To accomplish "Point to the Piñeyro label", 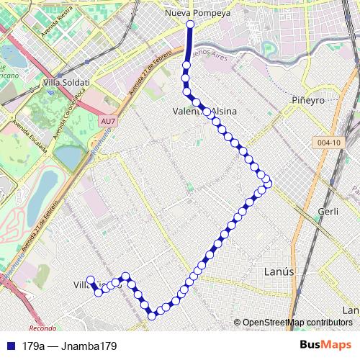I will click(x=310, y=99).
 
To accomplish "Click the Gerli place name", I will click(x=328, y=212).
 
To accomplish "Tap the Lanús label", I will click(x=279, y=272).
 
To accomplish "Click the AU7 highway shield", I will click(x=108, y=121).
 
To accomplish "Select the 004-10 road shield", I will click(x=327, y=143).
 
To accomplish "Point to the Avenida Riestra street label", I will click(x=58, y=26).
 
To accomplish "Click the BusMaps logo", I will click(x=325, y=345).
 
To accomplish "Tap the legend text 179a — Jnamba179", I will click(x=69, y=346).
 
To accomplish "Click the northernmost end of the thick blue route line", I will click(x=189, y=24).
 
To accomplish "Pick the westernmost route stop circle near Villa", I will click(x=91, y=280).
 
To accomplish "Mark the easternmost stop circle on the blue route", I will click(x=268, y=184).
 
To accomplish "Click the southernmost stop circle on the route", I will click(x=152, y=315).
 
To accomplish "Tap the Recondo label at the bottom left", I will click(x=43, y=328).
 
